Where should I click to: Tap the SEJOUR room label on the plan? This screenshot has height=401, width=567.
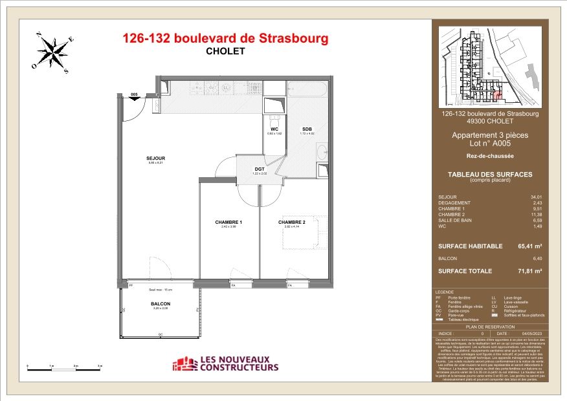[x=155, y=158]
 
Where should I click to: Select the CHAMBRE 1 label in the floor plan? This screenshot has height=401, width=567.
[x=228, y=222]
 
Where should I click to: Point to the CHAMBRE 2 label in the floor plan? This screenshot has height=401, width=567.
[x=291, y=222]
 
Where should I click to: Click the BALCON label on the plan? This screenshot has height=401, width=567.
[x=160, y=303]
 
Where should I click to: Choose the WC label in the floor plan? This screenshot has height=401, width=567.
[x=274, y=129]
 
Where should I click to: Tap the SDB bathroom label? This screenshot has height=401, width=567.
[x=307, y=129]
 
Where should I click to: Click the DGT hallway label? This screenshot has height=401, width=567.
[x=259, y=169]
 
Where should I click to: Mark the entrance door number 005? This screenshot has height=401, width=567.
[x=135, y=95]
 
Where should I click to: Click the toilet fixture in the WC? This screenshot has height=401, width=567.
[x=275, y=120]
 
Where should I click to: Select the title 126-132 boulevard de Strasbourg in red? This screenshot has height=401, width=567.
[x=225, y=39]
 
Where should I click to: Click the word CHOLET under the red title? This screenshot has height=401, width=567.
[x=225, y=52]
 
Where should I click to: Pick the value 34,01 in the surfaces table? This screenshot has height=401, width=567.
[x=536, y=196]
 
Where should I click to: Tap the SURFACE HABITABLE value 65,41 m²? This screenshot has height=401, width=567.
[x=529, y=246]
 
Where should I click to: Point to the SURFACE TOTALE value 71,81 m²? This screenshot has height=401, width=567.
[x=529, y=271]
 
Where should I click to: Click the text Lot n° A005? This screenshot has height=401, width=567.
[x=490, y=144]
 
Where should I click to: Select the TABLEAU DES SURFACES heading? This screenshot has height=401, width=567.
[x=490, y=175]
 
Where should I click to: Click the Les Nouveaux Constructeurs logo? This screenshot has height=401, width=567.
[x=225, y=364]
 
